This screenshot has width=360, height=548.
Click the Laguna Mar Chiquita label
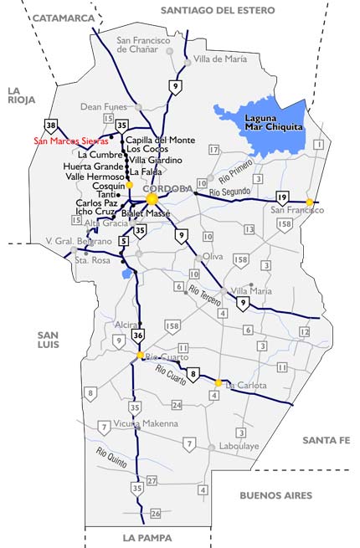point(265,123)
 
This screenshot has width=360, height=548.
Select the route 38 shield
point(53,126)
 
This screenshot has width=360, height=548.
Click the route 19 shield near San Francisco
point(282,197)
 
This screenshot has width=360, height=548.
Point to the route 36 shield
point(138,335)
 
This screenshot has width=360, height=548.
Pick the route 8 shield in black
point(193,374)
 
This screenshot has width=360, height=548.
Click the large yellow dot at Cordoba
point(152,199)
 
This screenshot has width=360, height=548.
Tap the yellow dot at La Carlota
point(219,383)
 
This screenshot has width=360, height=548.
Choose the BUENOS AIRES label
point(275,495)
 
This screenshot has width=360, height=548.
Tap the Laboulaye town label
point(239,447)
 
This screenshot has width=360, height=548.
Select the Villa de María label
point(220,59)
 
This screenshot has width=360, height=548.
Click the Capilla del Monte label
point(160,140)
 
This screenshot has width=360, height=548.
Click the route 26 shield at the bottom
point(155,513)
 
